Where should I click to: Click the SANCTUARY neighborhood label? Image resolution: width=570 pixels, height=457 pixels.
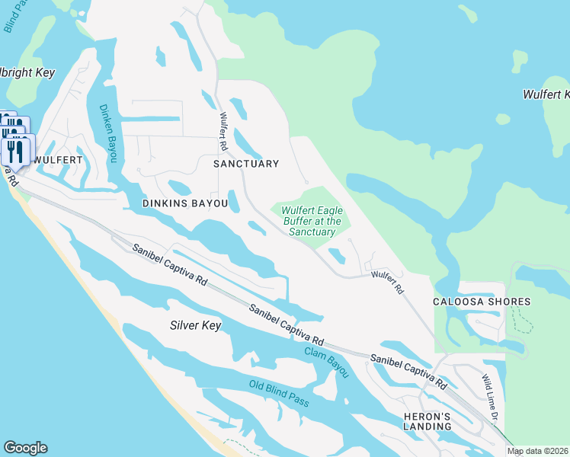tap(246, 164)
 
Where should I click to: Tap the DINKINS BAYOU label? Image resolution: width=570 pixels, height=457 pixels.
tap(185, 204)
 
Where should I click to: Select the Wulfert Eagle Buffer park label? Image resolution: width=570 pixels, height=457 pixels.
tap(312, 221)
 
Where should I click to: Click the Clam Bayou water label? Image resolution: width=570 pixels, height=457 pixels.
tap(326, 362)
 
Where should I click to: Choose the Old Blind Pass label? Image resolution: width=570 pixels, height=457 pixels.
tap(279, 393)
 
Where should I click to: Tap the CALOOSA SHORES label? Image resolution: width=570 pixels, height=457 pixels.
tap(482, 302)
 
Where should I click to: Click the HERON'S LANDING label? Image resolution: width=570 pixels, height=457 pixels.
tap(427, 420)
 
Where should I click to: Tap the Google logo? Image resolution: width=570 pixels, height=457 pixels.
tap(25, 448)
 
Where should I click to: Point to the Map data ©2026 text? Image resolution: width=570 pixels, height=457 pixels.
tap(538, 452)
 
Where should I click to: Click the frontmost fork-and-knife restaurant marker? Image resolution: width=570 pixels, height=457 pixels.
tap(17, 151)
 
